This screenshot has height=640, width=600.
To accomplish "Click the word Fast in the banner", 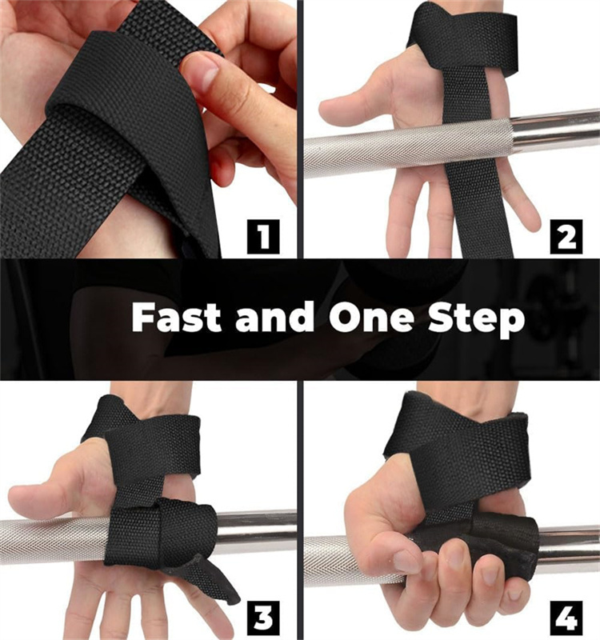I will pos(178,318).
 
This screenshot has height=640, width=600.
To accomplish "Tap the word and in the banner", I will pos(274,318).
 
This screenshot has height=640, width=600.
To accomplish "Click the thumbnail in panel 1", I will pos(206,78).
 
